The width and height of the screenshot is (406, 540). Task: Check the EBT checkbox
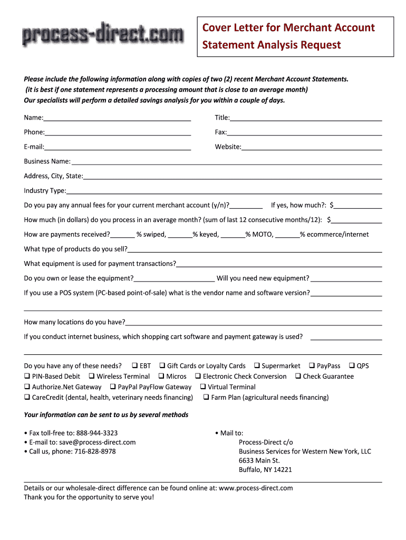click(x=134, y=365)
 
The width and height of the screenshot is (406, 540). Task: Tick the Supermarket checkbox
click(x=257, y=365)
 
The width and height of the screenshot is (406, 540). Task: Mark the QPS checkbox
click(x=352, y=365)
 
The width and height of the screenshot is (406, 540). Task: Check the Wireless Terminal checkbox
click(x=92, y=376)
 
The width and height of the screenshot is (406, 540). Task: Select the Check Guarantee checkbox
click(x=298, y=376)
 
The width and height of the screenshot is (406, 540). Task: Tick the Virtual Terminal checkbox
click(x=203, y=387)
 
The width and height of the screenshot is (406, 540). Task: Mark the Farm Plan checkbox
click(x=206, y=397)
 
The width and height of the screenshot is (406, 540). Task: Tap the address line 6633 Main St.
click(x=259, y=460)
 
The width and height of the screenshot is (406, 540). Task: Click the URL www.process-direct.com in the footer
click(x=256, y=488)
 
